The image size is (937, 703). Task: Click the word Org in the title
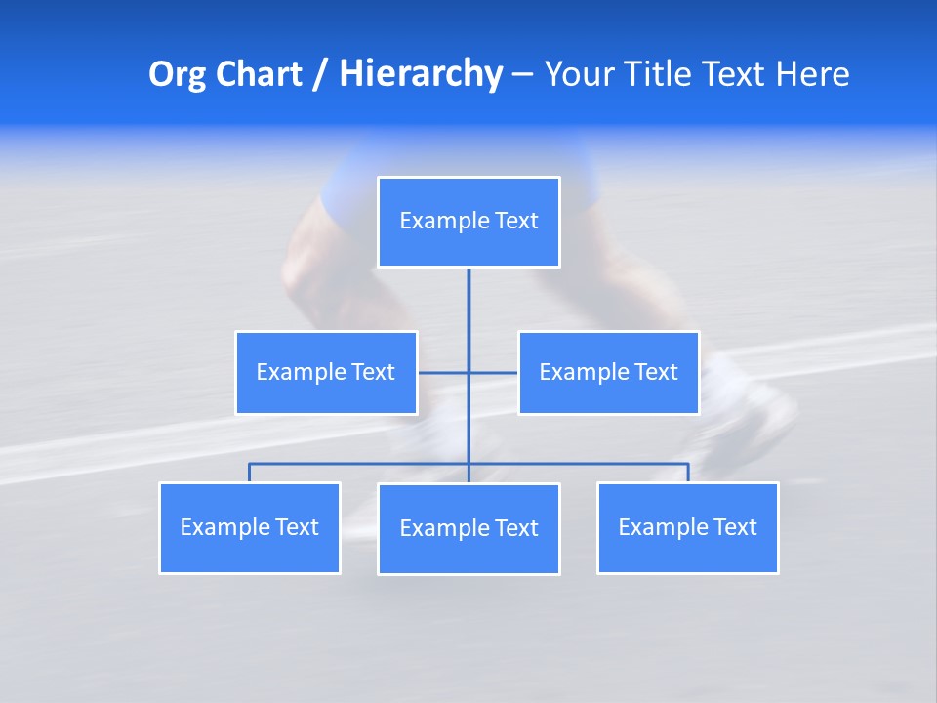click(177, 74)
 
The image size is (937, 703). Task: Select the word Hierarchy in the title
click(421, 74)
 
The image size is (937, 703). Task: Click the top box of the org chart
click(468, 222)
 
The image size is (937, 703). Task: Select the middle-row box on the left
click(326, 373)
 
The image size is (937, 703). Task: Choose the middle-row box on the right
click(608, 373)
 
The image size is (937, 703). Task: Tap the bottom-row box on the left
click(250, 527)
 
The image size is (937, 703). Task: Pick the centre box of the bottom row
click(468, 528)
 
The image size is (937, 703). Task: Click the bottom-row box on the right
click(687, 527)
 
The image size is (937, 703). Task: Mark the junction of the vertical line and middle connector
click(468, 372)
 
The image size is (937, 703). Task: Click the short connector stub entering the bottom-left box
click(250, 473)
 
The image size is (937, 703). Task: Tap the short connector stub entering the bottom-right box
click(688, 473)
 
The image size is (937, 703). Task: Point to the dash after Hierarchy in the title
click(522, 74)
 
